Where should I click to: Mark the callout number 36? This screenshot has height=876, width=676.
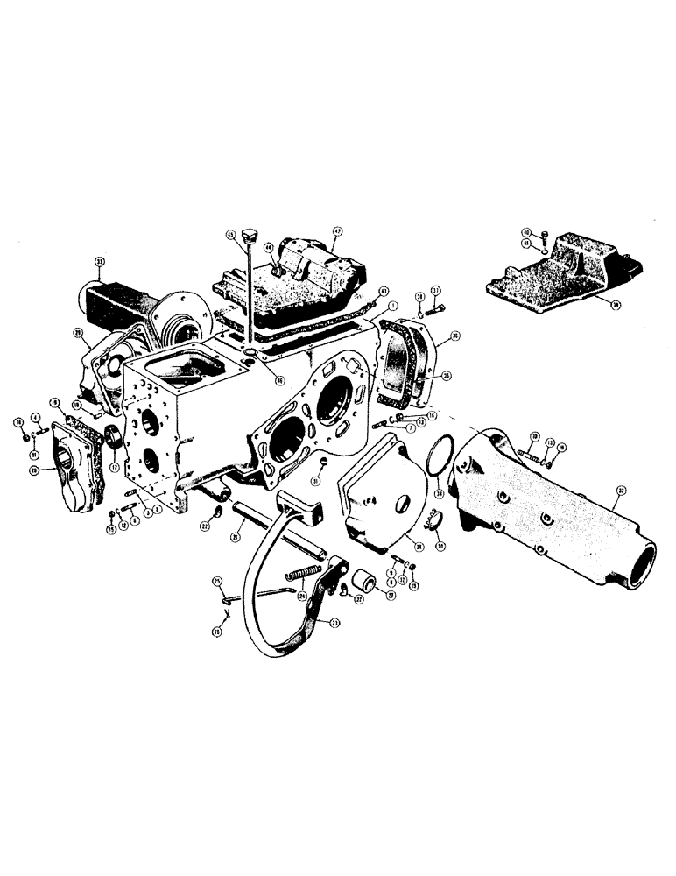[454, 336]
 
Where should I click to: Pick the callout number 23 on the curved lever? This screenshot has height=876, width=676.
[334, 624]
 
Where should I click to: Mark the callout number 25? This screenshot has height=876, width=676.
[217, 580]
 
